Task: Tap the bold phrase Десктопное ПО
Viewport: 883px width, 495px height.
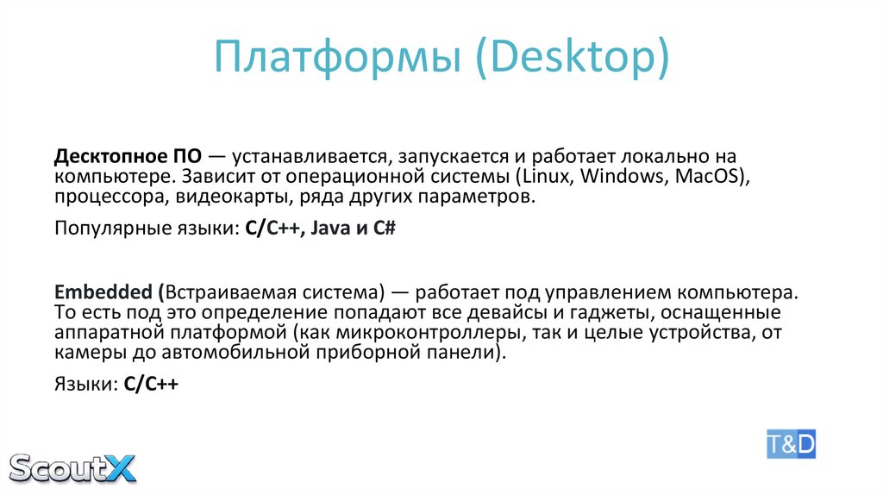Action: (x=128, y=158)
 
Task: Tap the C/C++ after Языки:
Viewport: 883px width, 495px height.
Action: (x=151, y=385)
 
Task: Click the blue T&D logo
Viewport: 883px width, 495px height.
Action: (x=790, y=443)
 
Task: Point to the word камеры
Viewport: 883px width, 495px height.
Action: (x=86, y=353)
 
